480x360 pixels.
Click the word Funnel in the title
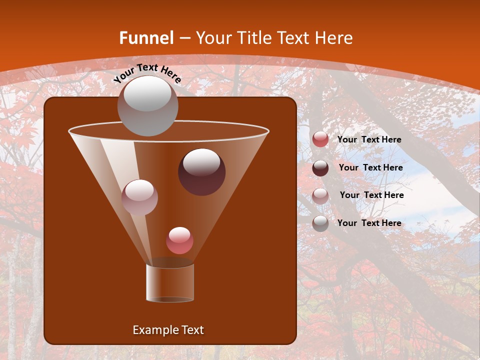click(146, 38)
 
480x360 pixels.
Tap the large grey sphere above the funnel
click(147, 105)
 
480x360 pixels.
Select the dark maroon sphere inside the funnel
click(201, 172)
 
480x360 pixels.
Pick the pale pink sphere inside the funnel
click(139, 197)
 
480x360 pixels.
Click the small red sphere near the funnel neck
click(179, 240)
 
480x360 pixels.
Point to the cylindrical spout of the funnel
click(169, 282)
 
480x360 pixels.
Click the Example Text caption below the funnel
click(168, 330)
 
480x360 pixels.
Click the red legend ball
click(320, 139)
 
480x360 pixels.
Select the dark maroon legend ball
click(320, 168)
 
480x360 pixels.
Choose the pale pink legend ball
click(320, 195)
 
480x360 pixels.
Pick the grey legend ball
click(320, 223)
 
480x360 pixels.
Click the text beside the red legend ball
click(369, 139)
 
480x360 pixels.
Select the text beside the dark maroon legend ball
click(370, 167)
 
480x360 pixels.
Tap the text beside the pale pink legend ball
click(371, 195)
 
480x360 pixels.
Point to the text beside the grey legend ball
click(369, 223)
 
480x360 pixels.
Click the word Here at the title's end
click(333, 38)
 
